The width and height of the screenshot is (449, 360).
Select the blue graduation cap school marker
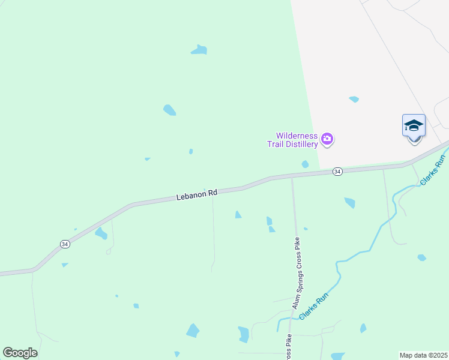pos(414,126)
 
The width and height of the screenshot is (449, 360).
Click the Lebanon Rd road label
pos(196,195)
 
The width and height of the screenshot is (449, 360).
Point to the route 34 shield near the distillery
pos(338,172)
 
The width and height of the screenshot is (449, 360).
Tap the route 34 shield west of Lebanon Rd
pos(65,244)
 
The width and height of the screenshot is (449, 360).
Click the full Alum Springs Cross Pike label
pos(295,272)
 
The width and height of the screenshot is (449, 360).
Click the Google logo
pos(20,353)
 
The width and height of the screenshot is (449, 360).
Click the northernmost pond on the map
pos(199,50)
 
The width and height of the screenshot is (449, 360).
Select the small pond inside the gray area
pos(354,99)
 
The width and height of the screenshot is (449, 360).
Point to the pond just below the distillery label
pos(305,164)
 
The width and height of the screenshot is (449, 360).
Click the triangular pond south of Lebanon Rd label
pos(238,215)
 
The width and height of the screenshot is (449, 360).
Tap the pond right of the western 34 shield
pos(101,233)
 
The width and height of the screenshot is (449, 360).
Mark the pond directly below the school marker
pos(422,257)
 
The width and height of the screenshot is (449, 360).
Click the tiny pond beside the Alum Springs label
pos(306,229)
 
